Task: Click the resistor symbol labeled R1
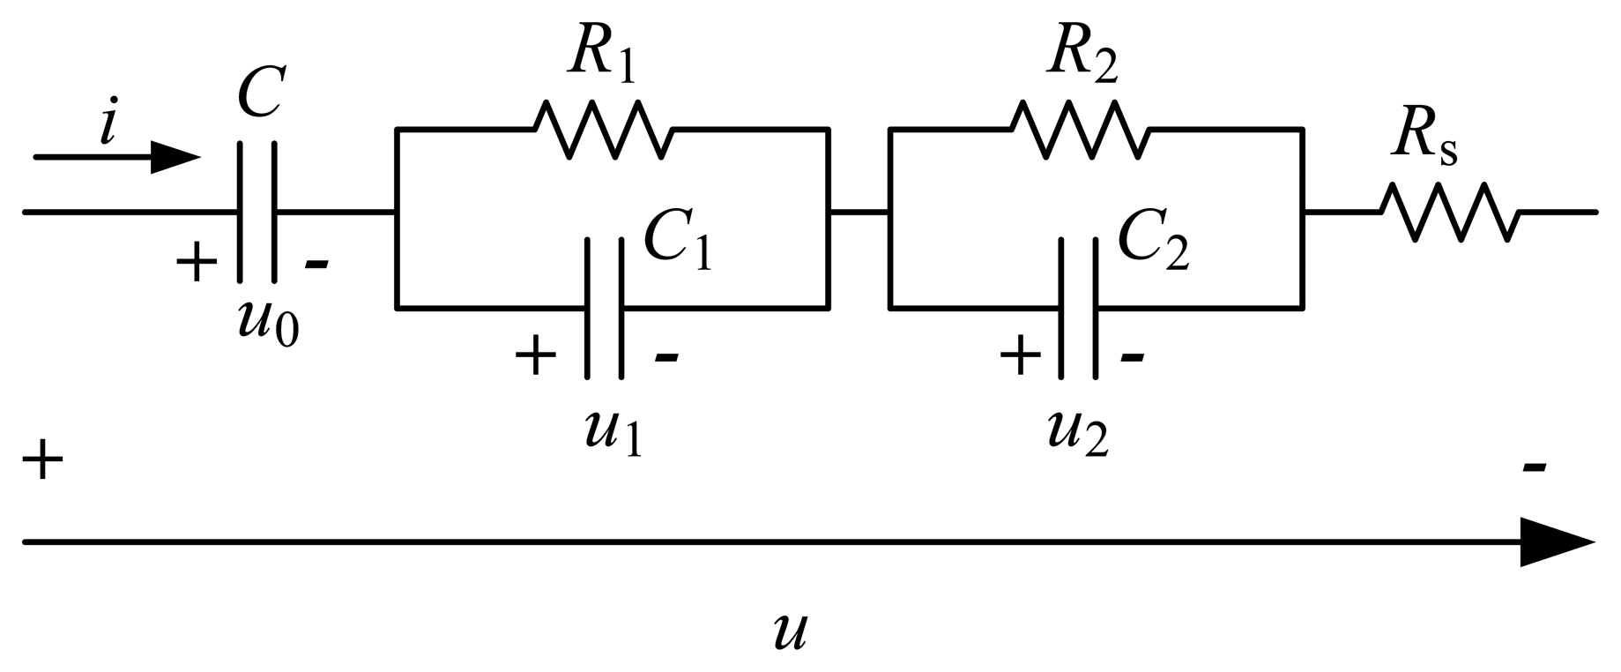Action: [604, 130]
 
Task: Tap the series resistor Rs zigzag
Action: [1449, 212]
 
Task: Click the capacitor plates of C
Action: [257, 212]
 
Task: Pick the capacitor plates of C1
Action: [605, 308]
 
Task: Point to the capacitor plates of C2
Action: [1079, 308]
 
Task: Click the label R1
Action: [602, 55]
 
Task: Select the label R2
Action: [1082, 55]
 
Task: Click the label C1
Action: [677, 240]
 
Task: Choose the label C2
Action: [1153, 240]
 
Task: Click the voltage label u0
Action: [268, 323]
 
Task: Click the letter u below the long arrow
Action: [790, 631]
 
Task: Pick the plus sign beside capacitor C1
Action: [535, 356]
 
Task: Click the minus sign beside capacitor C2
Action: [1133, 356]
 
